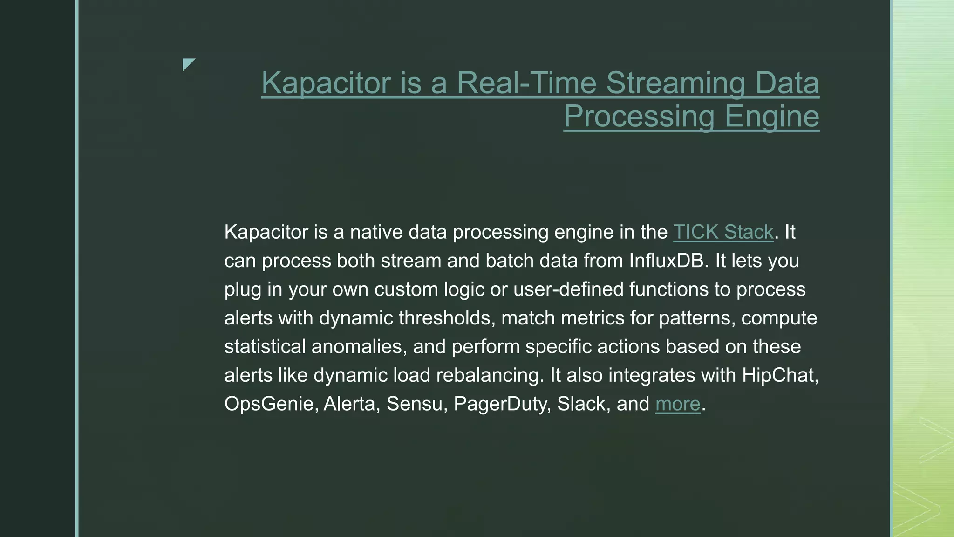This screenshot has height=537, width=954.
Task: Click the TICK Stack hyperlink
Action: tap(723, 232)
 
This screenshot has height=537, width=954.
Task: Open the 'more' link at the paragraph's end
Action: tap(678, 404)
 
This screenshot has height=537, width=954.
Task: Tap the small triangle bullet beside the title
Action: tap(188, 64)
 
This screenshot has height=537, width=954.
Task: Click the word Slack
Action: tap(583, 404)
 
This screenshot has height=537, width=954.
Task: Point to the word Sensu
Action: tap(414, 404)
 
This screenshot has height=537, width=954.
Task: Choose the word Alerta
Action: tap(352, 404)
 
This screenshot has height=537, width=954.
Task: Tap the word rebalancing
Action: tap(490, 375)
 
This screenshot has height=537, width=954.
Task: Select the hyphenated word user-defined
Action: tap(568, 289)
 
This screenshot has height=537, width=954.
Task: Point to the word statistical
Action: tap(265, 347)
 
